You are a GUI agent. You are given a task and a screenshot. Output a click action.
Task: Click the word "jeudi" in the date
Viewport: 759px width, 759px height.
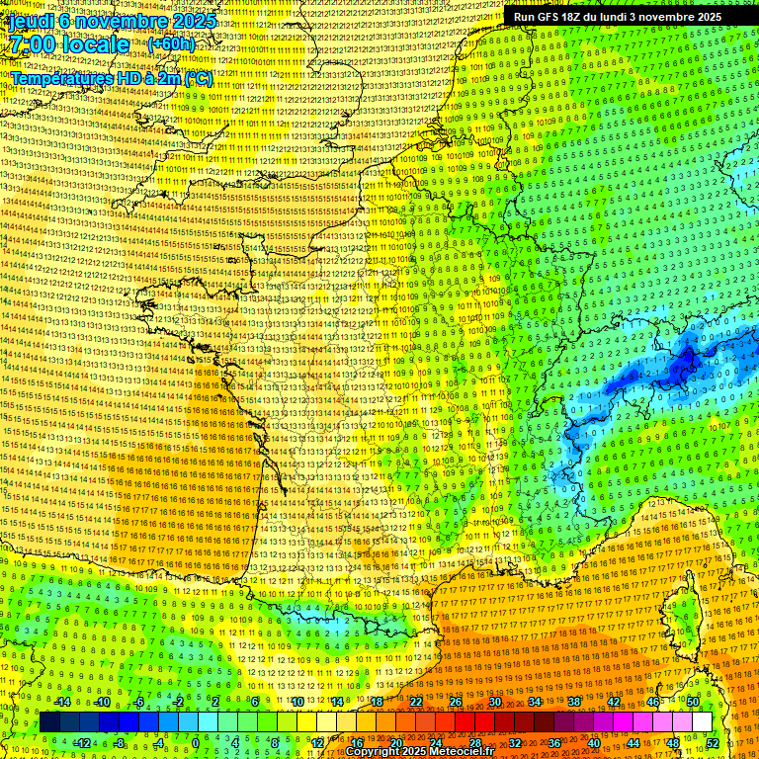(30, 21)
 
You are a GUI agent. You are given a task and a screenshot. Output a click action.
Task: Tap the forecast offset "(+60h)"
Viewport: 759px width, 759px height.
(171, 45)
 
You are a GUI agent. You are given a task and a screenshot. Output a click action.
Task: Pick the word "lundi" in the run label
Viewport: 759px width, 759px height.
(646, 17)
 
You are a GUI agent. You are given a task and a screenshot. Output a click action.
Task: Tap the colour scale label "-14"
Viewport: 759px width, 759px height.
(62, 703)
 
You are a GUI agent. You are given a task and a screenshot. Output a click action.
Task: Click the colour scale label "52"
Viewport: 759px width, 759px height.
(712, 742)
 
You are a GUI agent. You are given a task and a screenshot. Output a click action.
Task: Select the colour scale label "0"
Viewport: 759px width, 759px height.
(196, 742)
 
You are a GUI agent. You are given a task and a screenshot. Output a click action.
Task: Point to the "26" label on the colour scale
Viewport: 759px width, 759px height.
(456, 703)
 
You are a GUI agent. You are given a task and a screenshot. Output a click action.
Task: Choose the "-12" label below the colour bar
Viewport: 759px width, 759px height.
(82, 742)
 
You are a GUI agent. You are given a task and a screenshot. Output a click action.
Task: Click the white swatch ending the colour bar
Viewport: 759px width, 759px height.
(702, 722)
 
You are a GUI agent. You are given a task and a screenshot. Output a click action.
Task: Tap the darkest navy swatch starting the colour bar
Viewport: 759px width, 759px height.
(50, 722)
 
